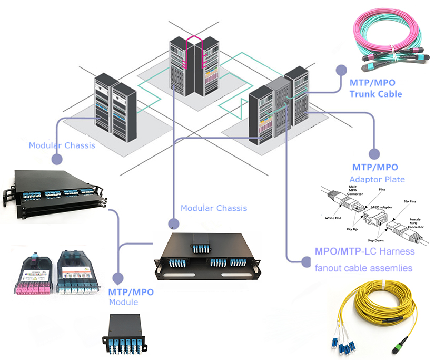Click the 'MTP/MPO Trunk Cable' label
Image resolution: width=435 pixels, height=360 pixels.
[x=375, y=89]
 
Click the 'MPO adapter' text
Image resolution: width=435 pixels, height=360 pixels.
[x=377, y=208]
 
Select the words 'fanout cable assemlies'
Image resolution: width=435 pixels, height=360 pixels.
[x=363, y=268]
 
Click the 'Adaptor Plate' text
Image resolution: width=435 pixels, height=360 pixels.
[x=377, y=179]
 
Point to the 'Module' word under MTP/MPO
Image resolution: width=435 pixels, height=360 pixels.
[x=123, y=302]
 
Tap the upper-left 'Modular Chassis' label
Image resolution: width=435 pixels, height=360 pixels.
[x=62, y=145]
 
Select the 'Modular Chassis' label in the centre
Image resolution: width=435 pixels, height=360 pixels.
[x=213, y=208]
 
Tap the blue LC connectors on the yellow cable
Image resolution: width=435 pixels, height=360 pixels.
[x=345, y=343]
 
